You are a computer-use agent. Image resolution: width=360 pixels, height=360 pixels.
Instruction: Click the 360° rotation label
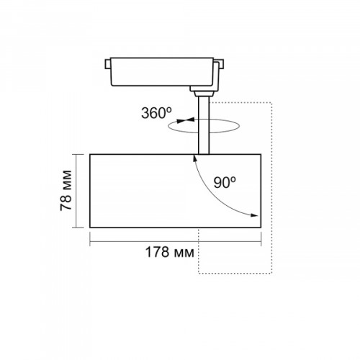tap(156, 113)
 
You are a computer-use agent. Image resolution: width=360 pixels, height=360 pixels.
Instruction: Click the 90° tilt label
tap(225, 183)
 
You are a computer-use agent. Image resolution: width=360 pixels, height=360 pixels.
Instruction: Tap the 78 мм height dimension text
tap(66, 190)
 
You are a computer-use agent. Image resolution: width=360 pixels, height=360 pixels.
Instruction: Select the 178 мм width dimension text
tap(170, 252)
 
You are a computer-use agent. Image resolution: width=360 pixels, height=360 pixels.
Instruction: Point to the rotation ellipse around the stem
tap(204, 132)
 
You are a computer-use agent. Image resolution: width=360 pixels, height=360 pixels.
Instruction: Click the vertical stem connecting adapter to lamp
tap(204, 125)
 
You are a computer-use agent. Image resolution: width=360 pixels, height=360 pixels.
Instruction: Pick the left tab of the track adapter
tap(107, 64)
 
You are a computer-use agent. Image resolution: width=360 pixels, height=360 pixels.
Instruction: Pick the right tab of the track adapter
tap(221, 64)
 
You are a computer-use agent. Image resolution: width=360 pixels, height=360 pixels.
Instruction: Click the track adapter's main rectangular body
tap(162, 71)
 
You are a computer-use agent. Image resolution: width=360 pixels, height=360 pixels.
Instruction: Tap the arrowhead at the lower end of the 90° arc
tap(254, 215)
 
